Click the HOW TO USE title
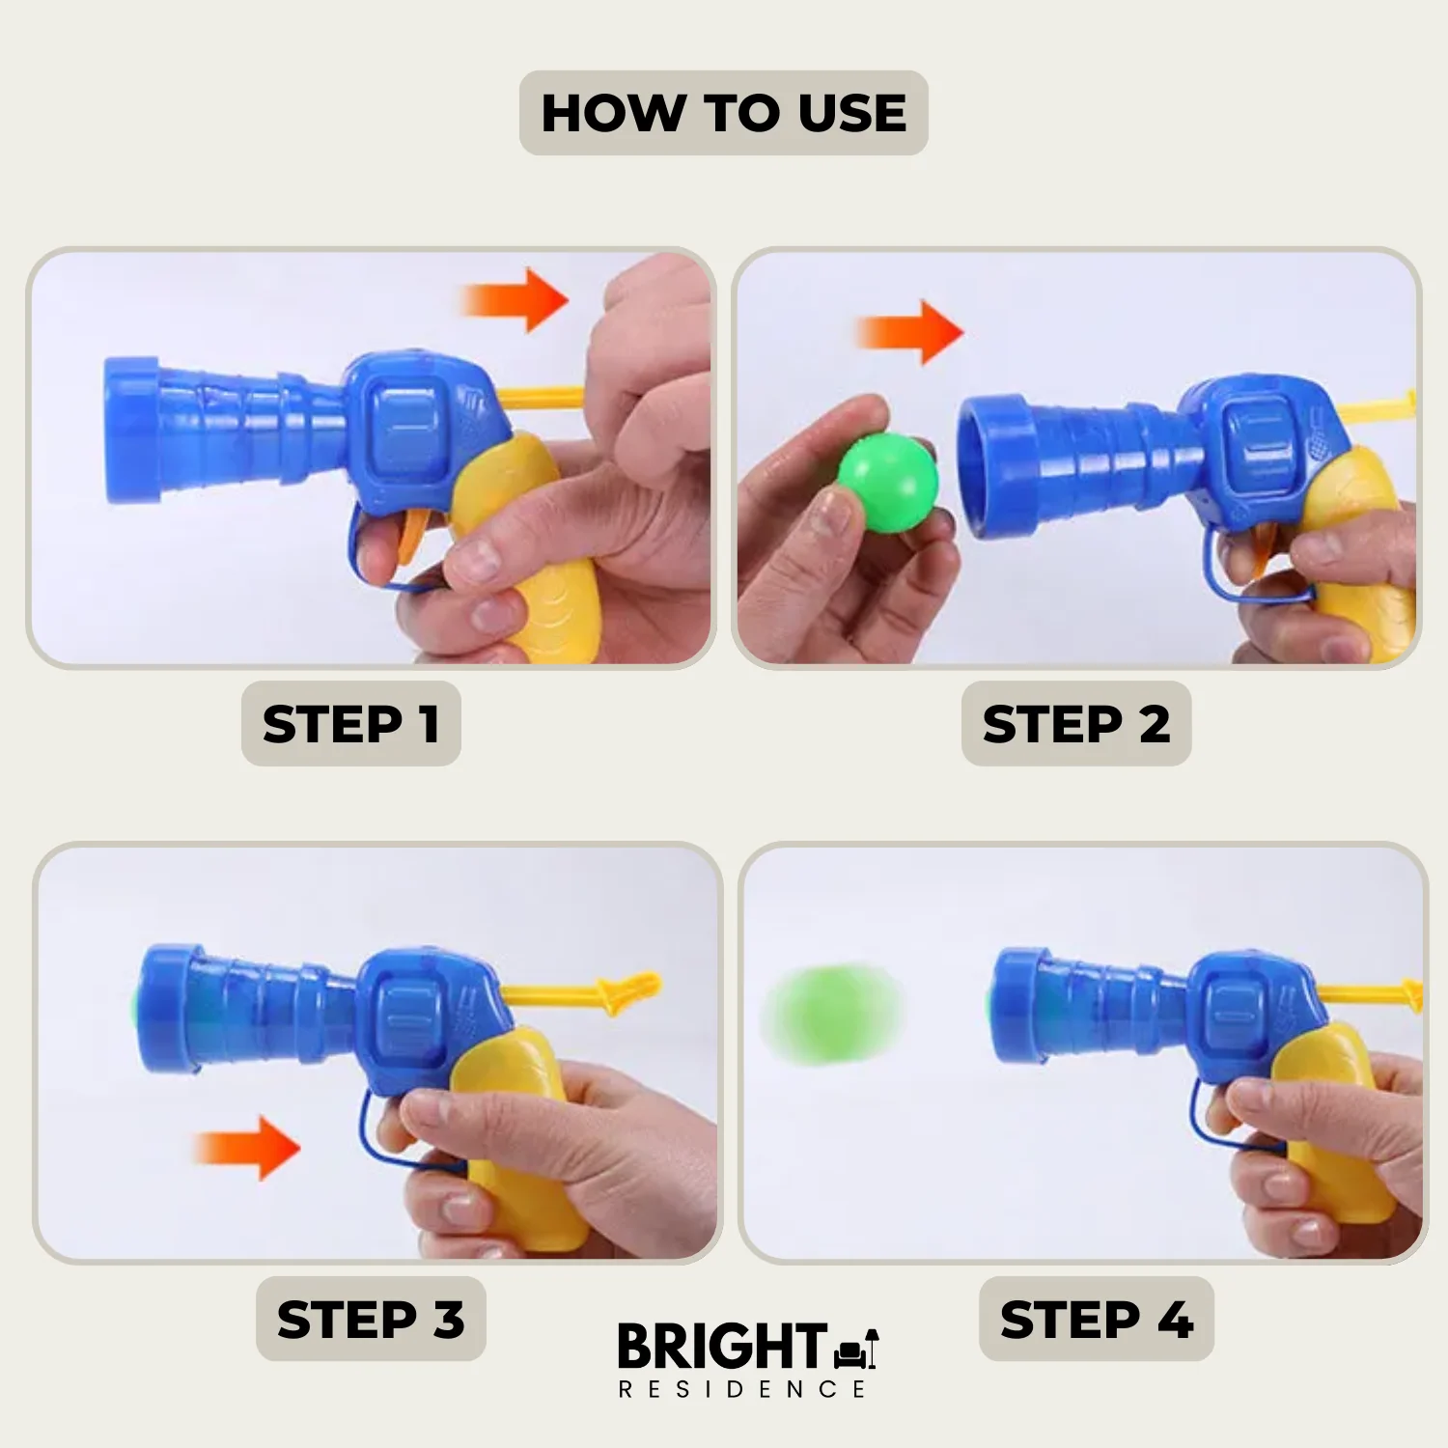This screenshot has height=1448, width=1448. pyautogui.click(x=724, y=113)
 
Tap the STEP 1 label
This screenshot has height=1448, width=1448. pyautogui.click(x=351, y=724)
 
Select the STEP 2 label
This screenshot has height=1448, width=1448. pyautogui.click(x=1076, y=724)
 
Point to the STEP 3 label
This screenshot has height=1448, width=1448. pyautogui.click(x=371, y=1320)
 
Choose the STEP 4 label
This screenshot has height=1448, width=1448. pyautogui.click(x=1097, y=1320)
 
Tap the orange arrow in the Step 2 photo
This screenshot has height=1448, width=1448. pyautogui.click(x=909, y=332)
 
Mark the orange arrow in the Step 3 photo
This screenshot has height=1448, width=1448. pyautogui.click(x=246, y=1148)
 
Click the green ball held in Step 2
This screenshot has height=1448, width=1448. pyautogui.click(x=887, y=483)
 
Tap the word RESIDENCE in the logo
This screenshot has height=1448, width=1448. pyautogui.click(x=741, y=1389)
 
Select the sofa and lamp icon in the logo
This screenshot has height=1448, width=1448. pyautogui.click(x=857, y=1349)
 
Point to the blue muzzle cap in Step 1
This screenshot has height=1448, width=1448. pyautogui.click(x=131, y=431)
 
